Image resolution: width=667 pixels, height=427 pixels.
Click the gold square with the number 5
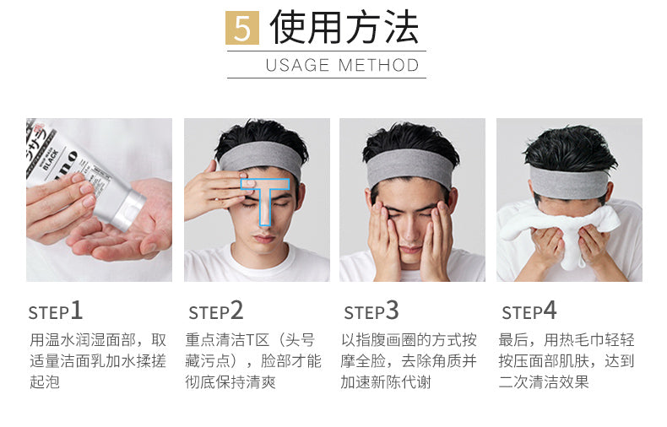click(242, 28)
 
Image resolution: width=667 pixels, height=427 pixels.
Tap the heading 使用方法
click(344, 27)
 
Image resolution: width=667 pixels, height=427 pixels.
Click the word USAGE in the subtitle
click(297, 66)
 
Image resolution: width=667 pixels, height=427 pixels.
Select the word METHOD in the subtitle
click(378, 66)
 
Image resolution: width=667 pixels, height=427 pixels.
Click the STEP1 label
click(55, 311)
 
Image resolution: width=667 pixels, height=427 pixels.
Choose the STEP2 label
click(216, 311)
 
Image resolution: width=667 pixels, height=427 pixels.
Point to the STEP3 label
click(371, 311)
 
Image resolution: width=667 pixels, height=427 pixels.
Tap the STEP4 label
click(529, 311)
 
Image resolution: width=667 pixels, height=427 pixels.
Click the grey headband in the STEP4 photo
click(569, 182)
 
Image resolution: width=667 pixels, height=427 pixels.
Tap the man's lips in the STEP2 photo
click(264, 238)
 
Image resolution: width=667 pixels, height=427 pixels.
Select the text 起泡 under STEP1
click(45, 382)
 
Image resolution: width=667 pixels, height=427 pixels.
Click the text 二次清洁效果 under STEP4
click(544, 382)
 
